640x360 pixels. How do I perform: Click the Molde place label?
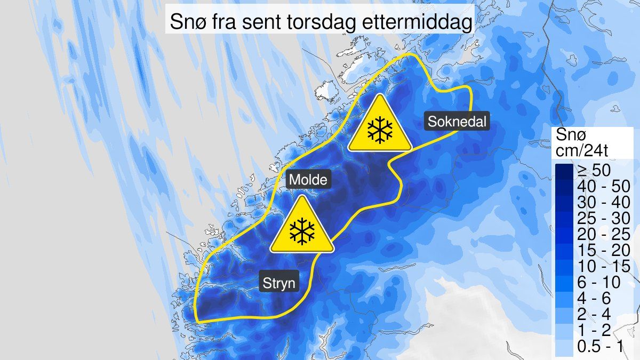(x=308, y=180)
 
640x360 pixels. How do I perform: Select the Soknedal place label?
(x=457, y=122)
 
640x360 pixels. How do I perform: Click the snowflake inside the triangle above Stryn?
(x=302, y=231)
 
